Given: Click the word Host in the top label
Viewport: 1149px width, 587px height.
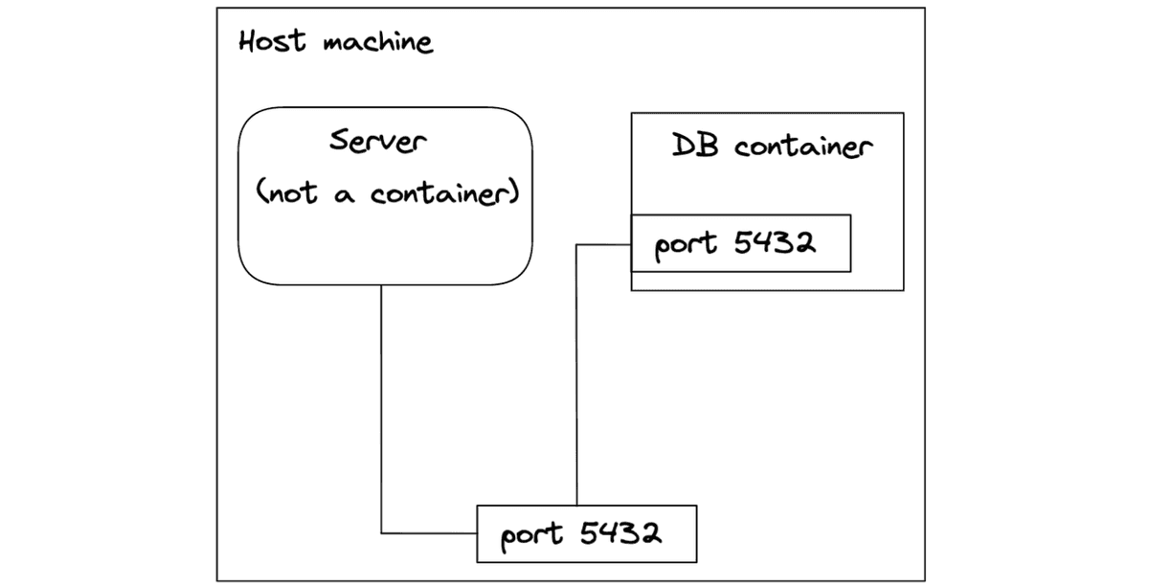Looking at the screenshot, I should pyautogui.click(x=273, y=42).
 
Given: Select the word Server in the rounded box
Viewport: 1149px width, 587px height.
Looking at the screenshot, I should pyautogui.click(x=378, y=141).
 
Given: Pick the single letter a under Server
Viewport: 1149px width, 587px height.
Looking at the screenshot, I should pyautogui.click(x=345, y=195).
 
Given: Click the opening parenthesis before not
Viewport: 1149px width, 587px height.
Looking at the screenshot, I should pyautogui.click(x=259, y=192).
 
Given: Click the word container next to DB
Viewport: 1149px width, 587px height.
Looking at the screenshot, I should pyautogui.click(x=803, y=147).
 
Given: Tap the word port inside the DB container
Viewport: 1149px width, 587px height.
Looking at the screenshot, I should pyautogui.click(x=686, y=245).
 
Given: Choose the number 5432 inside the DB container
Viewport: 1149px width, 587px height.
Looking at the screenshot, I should pyautogui.click(x=775, y=242).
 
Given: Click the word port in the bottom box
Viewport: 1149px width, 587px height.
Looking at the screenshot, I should pyautogui.click(x=532, y=535).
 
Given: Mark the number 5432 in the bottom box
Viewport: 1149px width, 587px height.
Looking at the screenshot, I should pyautogui.click(x=620, y=532).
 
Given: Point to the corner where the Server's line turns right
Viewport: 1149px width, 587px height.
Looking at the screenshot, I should pyautogui.click(x=381, y=532).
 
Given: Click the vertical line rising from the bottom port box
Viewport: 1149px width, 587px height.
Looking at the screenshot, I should pyautogui.click(x=576, y=383).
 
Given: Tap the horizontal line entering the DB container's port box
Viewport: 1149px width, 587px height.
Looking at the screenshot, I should pyautogui.click(x=603, y=245).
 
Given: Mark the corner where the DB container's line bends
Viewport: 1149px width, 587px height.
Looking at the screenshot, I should pyautogui.click(x=576, y=245).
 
